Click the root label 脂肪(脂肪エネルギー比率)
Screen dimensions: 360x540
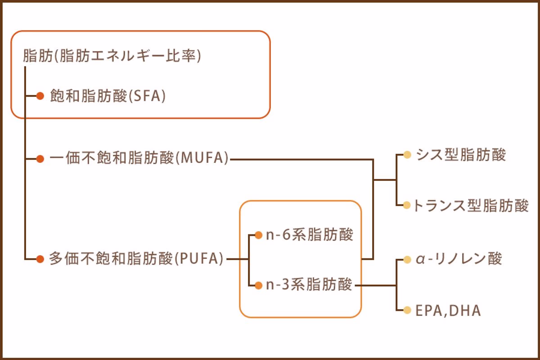(x=112, y=57)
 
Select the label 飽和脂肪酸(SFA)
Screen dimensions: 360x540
(x=108, y=96)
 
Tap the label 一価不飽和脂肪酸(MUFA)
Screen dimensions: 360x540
(x=139, y=158)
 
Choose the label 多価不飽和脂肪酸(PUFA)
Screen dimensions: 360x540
(x=136, y=259)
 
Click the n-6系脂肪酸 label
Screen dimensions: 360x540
(x=310, y=235)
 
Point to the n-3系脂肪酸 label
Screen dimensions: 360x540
(x=309, y=285)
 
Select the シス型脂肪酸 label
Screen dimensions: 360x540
(x=461, y=155)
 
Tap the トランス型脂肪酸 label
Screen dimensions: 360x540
(x=471, y=205)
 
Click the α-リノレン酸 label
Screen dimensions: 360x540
(x=459, y=259)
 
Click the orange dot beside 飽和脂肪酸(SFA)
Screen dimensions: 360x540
(x=40, y=96)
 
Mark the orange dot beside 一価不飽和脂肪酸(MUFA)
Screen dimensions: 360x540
(x=40, y=158)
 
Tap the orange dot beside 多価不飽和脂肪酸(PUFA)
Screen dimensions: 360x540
(x=40, y=259)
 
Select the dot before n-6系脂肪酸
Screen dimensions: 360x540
(x=258, y=235)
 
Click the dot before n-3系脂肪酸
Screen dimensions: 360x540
(x=258, y=285)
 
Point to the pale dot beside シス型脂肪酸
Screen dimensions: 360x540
(x=407, y=155)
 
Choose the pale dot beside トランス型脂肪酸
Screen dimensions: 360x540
(x=407, y=205)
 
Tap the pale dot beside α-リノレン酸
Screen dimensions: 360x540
(x=407, y=260)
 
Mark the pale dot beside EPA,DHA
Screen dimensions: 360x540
(x=407, y=310)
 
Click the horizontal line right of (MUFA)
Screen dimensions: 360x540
(x=301, y=159)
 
